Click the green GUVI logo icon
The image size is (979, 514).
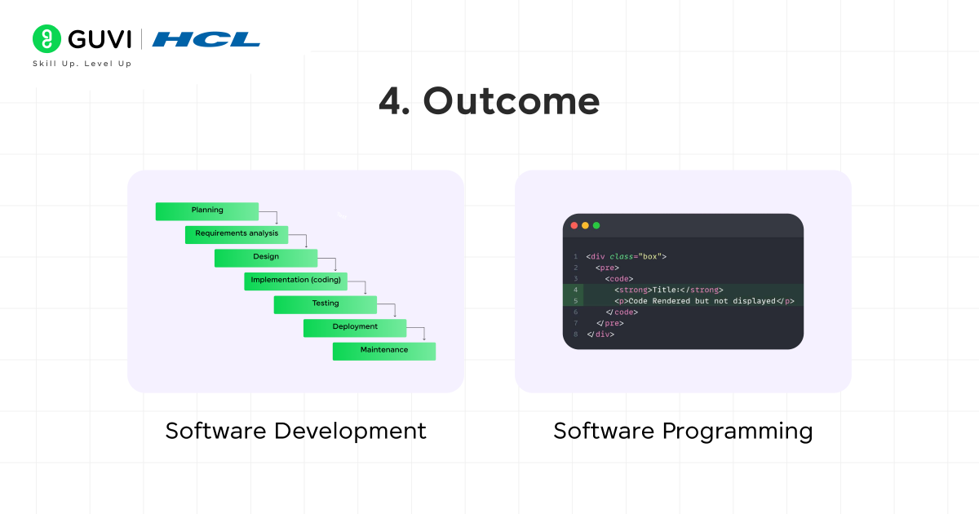[x=47, y=38]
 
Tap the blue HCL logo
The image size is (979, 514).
[x=206, y=39]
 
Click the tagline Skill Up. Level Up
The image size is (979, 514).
[x=82, y=64]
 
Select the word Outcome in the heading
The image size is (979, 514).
[x=511, y=101]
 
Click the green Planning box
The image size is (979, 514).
[x=207, y=210]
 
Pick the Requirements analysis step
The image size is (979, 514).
[x=237, y=234]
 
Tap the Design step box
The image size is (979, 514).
[x=266, y=257]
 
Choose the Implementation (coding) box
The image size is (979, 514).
[x=295, y=281]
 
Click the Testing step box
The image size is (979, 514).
[x=325, y=304]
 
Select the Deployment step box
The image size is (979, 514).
[x=355, y=327]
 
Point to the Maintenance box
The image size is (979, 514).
[x=384, y=350]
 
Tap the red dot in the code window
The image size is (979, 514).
[x=574, y=225]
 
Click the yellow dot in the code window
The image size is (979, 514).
[x=585, y=225]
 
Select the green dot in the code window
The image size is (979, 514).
[x=596, y=225]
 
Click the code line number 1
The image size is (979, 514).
[x=575, y=256]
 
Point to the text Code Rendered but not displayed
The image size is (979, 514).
[x=702, y=301]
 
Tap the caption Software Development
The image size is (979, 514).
[x=295, y=431]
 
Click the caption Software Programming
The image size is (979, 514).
[x=683, y=431]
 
